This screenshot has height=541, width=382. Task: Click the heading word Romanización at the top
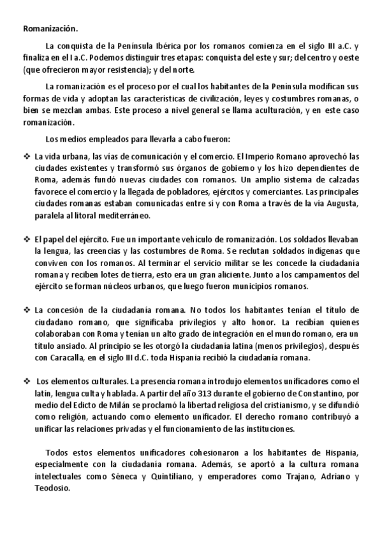pos(49,28)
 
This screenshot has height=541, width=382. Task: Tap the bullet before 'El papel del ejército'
pos(26,239)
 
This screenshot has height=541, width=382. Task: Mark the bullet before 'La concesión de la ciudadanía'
pos(26,310)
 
